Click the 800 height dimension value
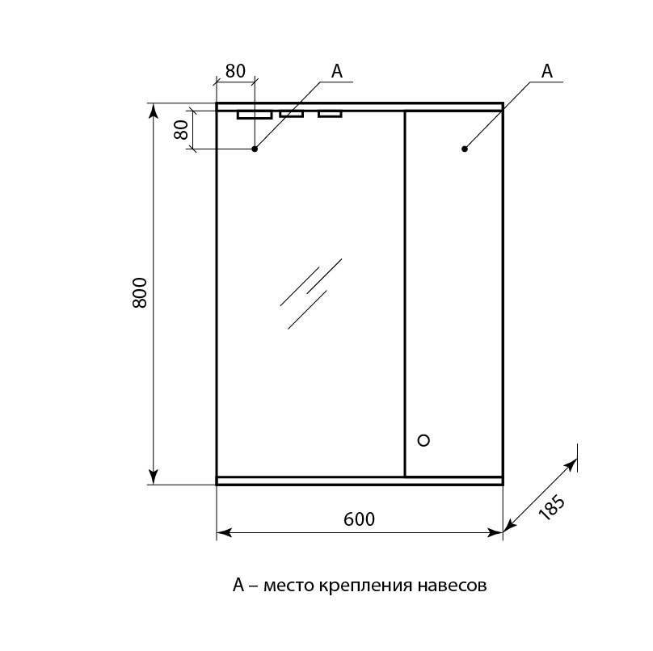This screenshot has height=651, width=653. point(140,292)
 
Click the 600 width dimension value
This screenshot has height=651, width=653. point(360,519)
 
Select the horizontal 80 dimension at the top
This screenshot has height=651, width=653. point(235,71)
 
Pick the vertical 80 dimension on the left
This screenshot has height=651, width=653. point(181,129)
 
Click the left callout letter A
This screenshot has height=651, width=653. point(336,71)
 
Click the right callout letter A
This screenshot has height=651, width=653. point(547,71)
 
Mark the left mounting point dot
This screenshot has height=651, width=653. point(255,149)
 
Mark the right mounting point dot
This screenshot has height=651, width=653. point(465,149)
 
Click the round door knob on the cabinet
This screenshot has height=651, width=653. point(423,440)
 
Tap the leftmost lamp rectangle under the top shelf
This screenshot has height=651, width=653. point(255,115)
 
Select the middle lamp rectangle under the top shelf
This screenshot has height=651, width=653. point(292,114)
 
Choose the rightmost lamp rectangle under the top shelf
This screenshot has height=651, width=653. point(330,114)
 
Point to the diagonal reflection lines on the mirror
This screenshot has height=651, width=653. point(310,293)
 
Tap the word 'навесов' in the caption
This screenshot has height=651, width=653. point(452,586)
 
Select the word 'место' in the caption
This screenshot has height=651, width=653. point(289,586)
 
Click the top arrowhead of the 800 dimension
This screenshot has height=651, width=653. point(154,111)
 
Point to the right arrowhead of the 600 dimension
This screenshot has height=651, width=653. point(495,532)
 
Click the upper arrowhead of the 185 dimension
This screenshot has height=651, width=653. point(571,464)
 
